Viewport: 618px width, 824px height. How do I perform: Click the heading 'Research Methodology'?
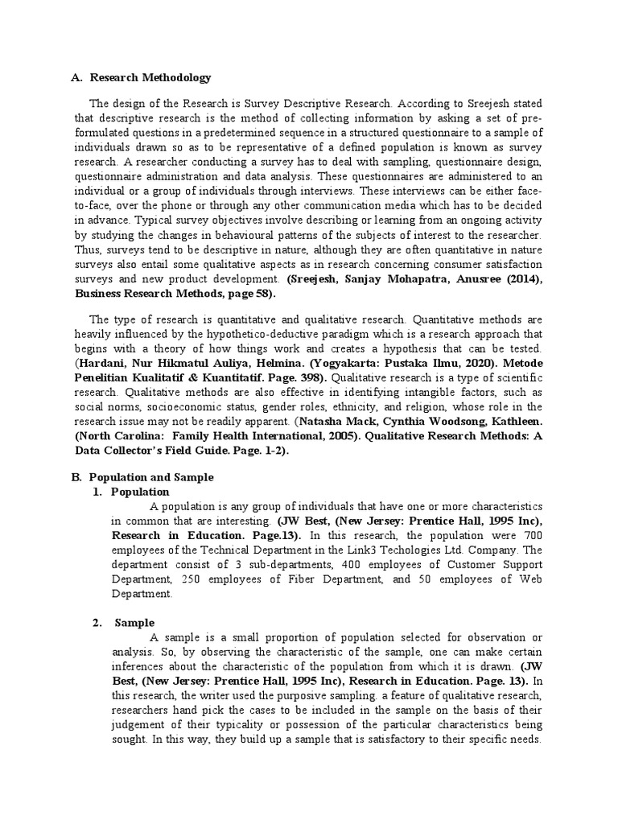pos(150,78)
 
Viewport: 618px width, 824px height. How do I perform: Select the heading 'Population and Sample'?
pos(150,477)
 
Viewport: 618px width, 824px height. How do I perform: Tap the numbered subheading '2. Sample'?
pos(134,623)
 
